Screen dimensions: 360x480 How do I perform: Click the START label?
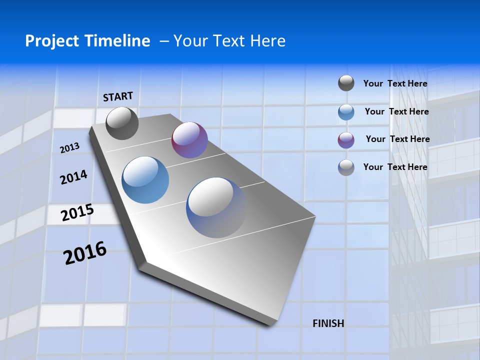coord(118,96)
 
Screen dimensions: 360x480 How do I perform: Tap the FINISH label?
coord(328,323)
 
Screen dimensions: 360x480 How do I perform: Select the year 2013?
coord(69,148)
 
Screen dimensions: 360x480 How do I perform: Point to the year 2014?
coord(73,177)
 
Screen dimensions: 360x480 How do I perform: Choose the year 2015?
coord(77,212)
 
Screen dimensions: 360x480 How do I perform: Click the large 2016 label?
coord(85,253)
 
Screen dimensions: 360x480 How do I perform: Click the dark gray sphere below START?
coord(122,123)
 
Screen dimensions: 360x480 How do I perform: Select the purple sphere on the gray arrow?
coord(189,140)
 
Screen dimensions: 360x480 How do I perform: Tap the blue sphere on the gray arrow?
coord(145,180)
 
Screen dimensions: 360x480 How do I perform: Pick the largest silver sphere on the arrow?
coord(216,207)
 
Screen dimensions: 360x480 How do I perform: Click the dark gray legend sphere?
coord(346,83)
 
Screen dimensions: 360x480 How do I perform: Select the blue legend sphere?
coord(346,111)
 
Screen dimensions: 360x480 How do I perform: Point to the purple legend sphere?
coord(346,139)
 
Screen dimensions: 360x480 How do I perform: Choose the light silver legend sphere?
coord(346,167)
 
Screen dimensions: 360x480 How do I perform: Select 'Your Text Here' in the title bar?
coord(229,41)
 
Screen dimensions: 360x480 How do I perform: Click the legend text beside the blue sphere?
coord(396,111)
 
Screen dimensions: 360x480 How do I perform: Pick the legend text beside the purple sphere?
coord(397,139)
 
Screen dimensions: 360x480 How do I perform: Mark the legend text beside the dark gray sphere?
coord(395,83)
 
